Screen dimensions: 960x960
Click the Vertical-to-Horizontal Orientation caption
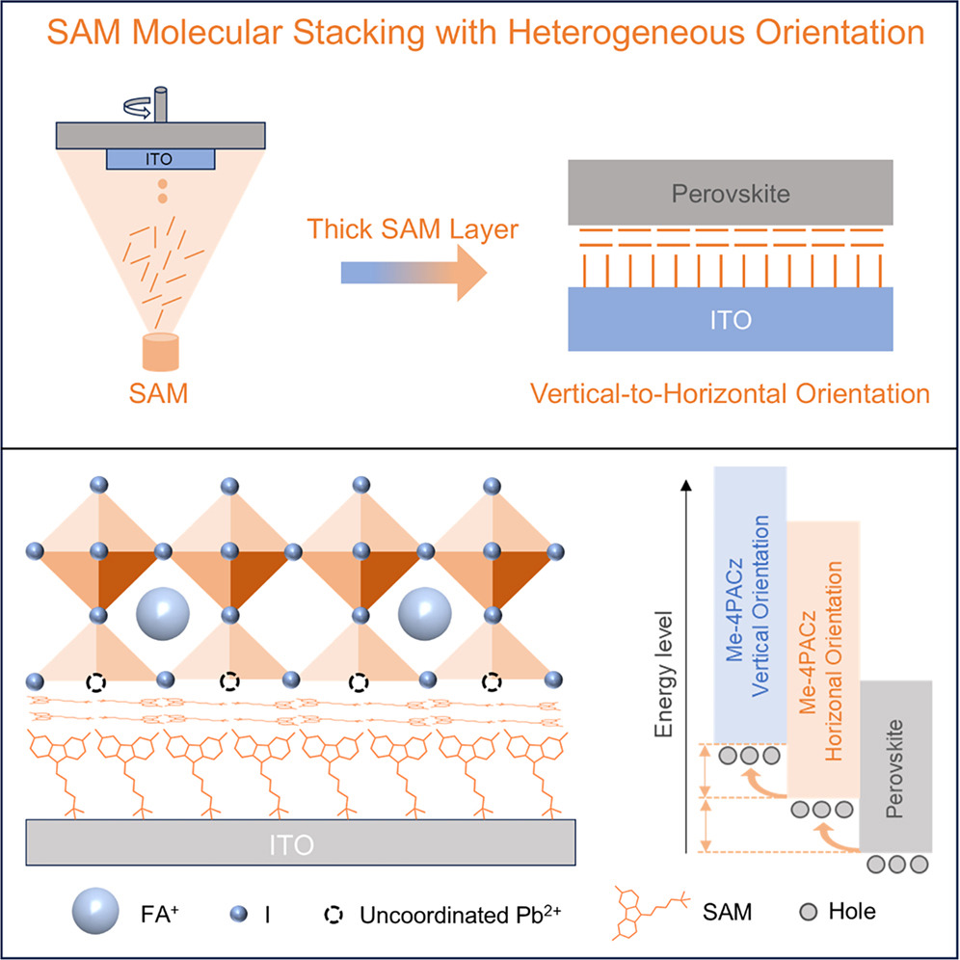pos(736,393)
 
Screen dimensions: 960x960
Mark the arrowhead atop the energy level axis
pos(684,486)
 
